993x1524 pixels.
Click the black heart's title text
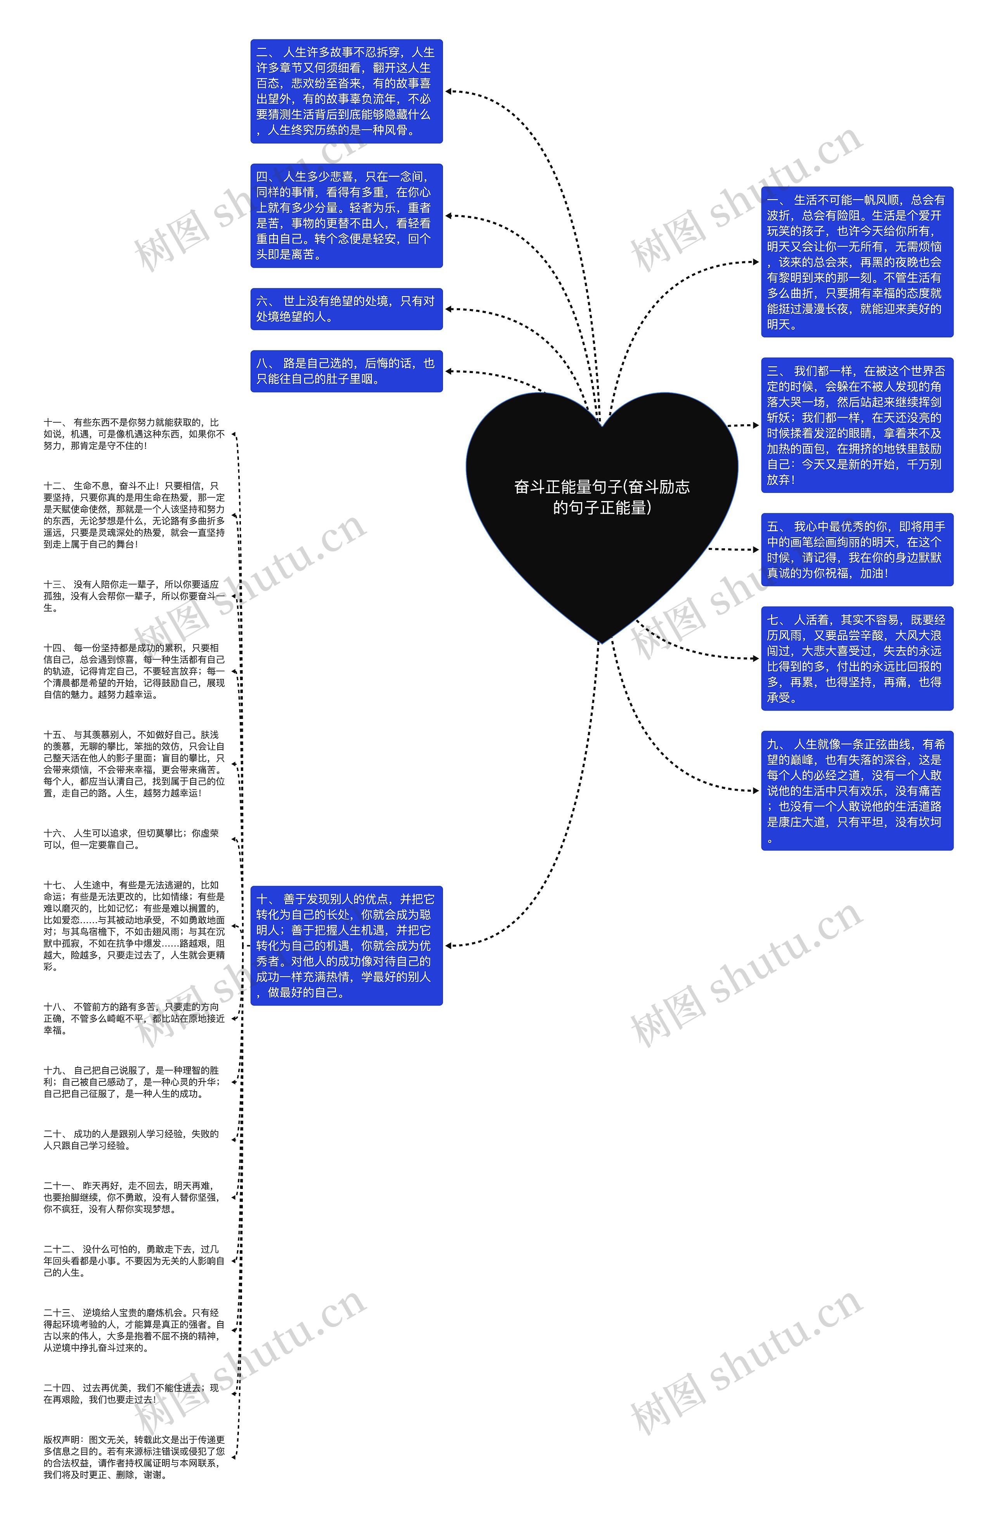pyautogui.click(x=602, y=497)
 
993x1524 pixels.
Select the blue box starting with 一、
pyautogui.click(x=856, y=262)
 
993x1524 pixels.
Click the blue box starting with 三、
pyautogui.click(x=856, y=425)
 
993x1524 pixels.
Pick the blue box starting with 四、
pyautogui.click(x=346, y=216)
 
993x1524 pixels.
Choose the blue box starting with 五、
pyautogui.click(x=856, y=549)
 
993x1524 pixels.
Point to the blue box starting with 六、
pyautogui.click(x=346, y=309)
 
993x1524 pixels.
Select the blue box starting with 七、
pyautogui.click(x=856, y=658)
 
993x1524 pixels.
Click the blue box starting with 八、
pyautogui.click(x=346, y=371)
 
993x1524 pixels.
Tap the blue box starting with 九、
pyautogui.click(x=856, y=790)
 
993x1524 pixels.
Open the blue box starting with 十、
pyautogui.click(x=346, y=946)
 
